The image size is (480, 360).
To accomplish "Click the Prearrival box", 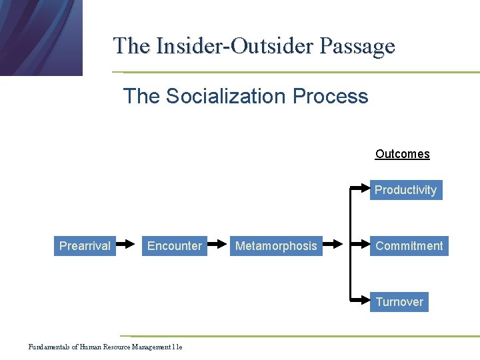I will (x=85, y=246).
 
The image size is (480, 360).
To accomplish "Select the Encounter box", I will (x=174, y=246).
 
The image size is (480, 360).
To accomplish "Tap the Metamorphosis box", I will (x=276, y=246).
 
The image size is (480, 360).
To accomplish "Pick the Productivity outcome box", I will (x=405, y=190).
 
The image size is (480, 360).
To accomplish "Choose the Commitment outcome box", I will (x=409, y=246).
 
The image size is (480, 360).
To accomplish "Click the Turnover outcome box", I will (x=399, y=302).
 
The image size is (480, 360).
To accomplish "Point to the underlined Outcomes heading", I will (x=402, y=154).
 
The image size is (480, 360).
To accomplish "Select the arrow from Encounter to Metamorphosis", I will (x=218, y=246).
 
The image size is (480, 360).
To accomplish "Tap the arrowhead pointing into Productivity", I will (x=365, y=190).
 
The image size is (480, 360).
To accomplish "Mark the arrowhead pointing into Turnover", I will (x=365, y=302).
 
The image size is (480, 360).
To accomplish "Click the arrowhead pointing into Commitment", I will (x=365, y=246).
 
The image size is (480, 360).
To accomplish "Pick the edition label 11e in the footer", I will (x=177, y=347).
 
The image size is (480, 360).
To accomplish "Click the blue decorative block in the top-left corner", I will (x=40, y=37).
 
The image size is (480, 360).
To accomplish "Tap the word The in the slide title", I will (x=131, y=46).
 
